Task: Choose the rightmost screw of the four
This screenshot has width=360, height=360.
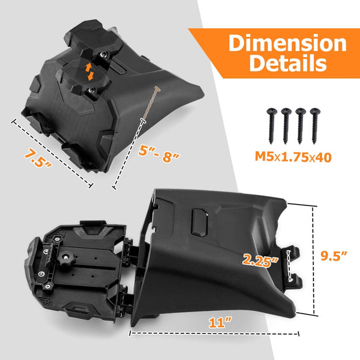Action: (x=315, y=126)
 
